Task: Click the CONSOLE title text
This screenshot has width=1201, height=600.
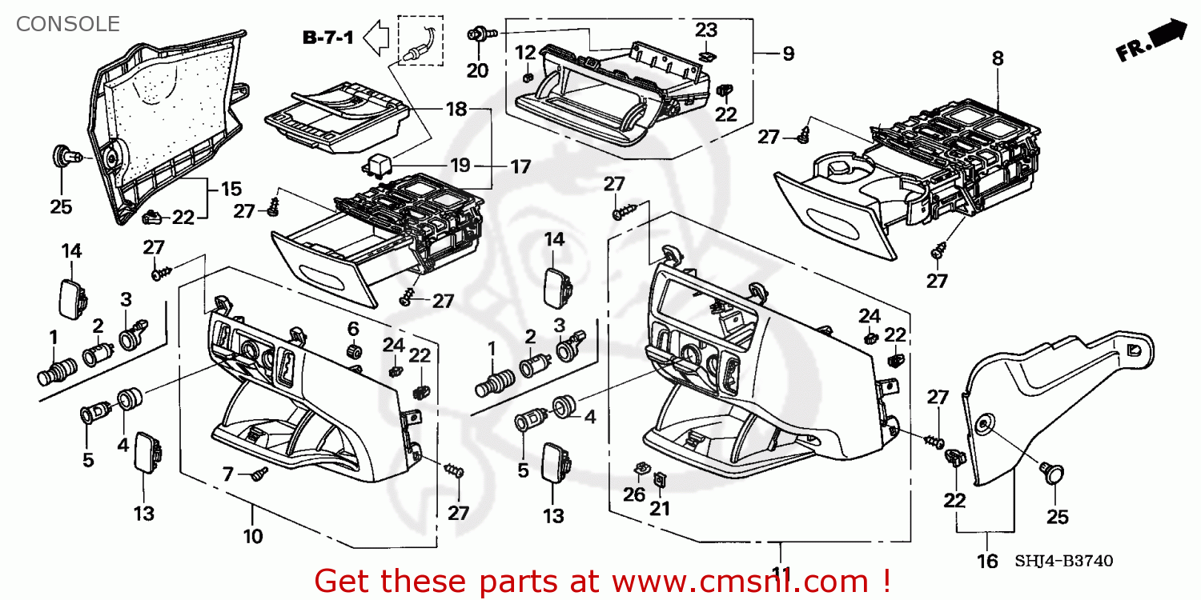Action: (x=68, y=24)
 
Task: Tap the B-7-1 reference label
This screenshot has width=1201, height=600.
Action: (x=327, y=37)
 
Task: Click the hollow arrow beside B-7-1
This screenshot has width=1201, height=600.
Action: (x=376, y=36)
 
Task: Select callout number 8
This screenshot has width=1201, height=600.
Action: (x=998, y=58)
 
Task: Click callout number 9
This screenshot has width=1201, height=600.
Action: (x=788, y=54)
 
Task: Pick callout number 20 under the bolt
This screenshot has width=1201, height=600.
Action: (x=477, y=70)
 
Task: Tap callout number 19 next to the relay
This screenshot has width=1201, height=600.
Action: (x=460, y=166)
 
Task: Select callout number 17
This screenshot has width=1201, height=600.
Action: (x=520, y=167)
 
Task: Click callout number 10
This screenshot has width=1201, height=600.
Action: (x=253, y=536)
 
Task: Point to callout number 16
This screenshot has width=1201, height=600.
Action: (x=988, y=562)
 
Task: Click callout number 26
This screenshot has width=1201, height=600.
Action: (x=634, y=494)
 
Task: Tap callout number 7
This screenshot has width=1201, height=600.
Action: (x=227, y=474)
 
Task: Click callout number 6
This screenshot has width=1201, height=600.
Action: (x=352, y=328)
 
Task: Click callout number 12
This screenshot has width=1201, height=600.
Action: (x=525, y=53)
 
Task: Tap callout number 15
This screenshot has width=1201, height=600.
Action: (x=231, y=190)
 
